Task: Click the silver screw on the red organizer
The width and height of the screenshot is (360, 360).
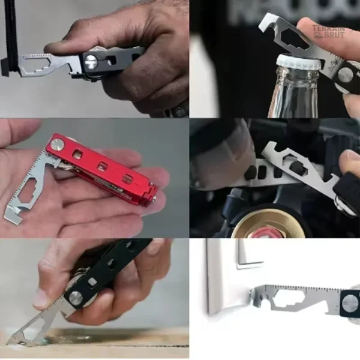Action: click(56, 145)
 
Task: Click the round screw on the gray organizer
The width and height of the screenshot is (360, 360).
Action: click(92, 61)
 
